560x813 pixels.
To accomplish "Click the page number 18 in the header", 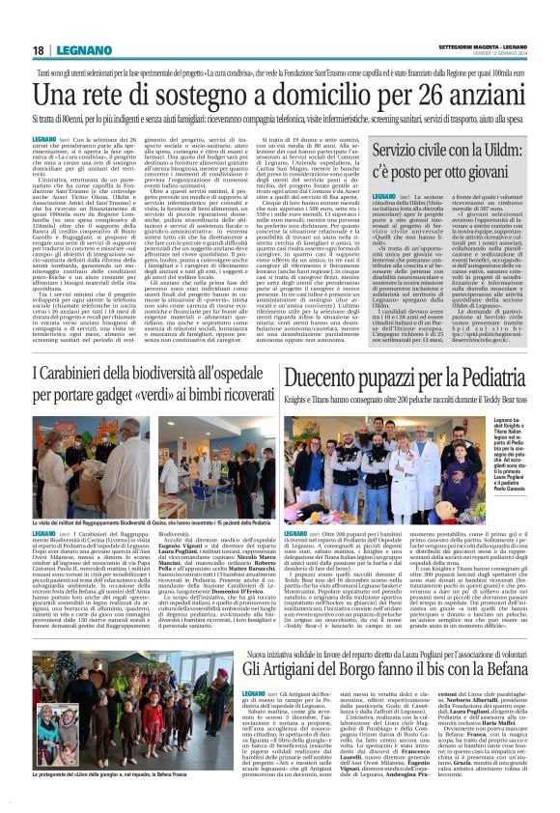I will coord(39,50).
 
